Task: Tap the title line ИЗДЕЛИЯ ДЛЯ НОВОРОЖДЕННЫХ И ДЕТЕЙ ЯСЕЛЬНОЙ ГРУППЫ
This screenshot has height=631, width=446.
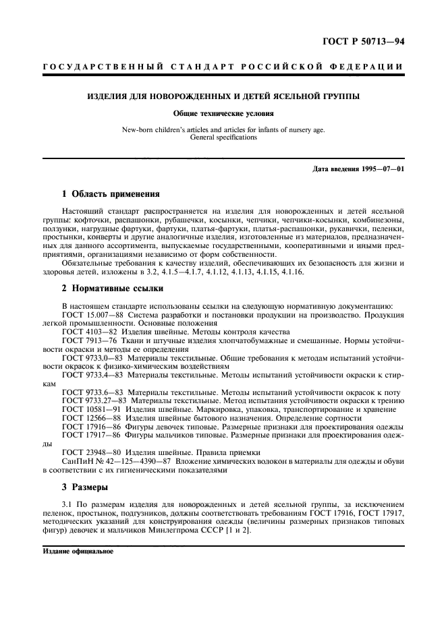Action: pyautogui.click(x=223, y=96)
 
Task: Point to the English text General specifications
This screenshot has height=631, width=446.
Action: pyautogui.click(x=223, y=137)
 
